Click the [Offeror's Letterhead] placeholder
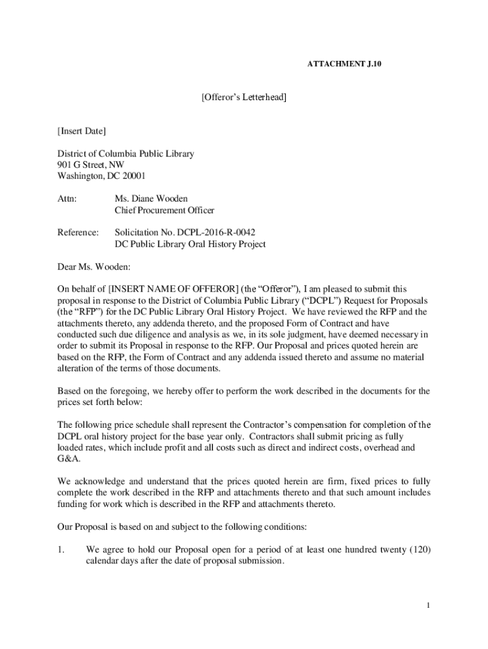(x=244, y=98)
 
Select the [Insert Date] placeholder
(x=82, y=131)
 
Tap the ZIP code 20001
(x=139, y=176)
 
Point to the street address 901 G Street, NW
(x=91, y=165)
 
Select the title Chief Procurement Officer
(x=164, y=210)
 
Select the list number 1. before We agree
(x=61, y=549)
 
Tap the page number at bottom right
(x=428, y=606)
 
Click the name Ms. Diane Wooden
(x=151, y=199)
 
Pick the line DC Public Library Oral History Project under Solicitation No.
(x=189, y=244)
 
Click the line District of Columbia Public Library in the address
(x=125, y=153)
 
